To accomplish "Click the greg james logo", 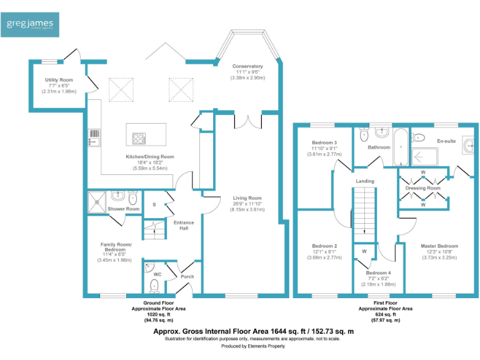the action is pos(30,25).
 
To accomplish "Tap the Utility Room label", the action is pos(59,80).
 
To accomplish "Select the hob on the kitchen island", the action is pos(139,138).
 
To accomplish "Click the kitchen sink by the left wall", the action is pos(94,137).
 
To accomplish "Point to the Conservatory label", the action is pos(247,66).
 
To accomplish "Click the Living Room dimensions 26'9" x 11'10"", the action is pos(247,204).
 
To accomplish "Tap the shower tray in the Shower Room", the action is pos(97,202).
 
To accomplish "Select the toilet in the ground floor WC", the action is pos(154,286).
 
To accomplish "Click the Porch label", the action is pos(187,276).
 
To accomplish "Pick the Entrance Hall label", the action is pos(184,225).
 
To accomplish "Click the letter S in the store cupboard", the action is pos(154,204).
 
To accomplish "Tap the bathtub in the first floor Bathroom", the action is pos(401,147).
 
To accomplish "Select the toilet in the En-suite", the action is pos(418,137).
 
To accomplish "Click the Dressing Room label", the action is pos(422,188).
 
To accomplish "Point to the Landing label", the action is pos(365,181).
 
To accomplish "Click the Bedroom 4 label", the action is pos(378,272).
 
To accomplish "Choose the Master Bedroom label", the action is pos(439,246).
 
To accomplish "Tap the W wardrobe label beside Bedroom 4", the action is pos(364,251).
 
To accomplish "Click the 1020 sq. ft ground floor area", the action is pos(159,314).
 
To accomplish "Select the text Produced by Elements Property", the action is pos(253,346).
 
